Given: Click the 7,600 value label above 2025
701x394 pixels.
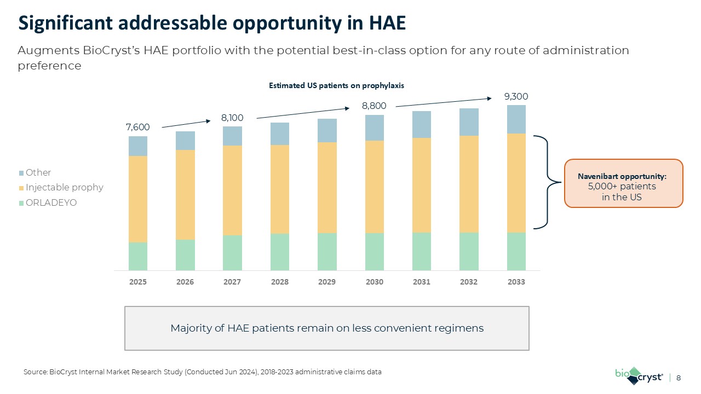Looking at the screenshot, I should (x=137, y=127).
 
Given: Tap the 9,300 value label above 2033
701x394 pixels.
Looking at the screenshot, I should (x=516, y=96).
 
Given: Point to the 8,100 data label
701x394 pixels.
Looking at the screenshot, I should (x=232, y=118).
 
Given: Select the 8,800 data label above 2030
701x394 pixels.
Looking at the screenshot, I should (x=374, y=106).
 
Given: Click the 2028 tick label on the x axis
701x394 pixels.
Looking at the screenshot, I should (x=280, y=282).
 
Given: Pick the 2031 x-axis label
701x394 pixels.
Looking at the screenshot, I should (x=421, y=282).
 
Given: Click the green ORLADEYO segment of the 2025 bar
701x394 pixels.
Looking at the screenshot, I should (x=138, y=256).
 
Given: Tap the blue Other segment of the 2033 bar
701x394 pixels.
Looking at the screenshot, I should (x=516, y=119).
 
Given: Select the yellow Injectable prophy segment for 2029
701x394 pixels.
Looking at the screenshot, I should (x=327, y=188).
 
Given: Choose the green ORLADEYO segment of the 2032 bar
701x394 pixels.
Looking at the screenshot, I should (x=469, y=251).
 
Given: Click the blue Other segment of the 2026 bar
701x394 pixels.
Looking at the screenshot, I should (x=185, y=141).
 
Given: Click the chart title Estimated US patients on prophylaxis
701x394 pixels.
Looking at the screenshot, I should (x=336, y=85).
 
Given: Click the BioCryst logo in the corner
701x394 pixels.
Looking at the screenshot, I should (x=639, y=376).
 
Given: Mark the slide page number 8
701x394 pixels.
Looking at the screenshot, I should (x=679, y=378).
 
